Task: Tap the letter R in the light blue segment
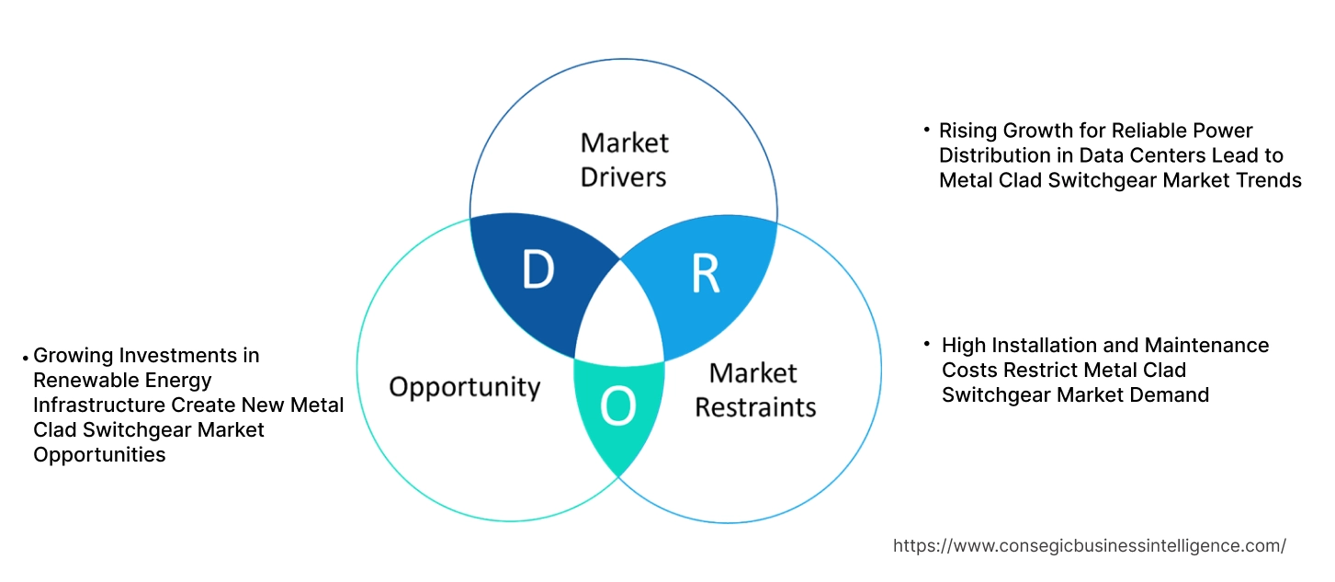pyautogui.click(x=705, y=272)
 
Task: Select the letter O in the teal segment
pyautogui.click(x=617, y=407)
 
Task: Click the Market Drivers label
pyautogui.click(x=625, y=159)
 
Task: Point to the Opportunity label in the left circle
pyautogui.click(x=464, y=386)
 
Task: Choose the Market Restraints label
pyautogui.click(x=754, y=389)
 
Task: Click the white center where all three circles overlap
pyautogui.click(x=620, y=317)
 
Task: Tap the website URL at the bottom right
pyautogui.click(x=1090, y=546)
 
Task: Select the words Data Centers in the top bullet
pyautogui.click(x=1136, y=155)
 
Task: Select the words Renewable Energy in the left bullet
pyautogui.click(x=122, y=381)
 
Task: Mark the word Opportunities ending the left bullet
pyautogui.click(x=99, y=455)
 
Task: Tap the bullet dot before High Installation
pyautogui.click(x=928, y=343)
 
